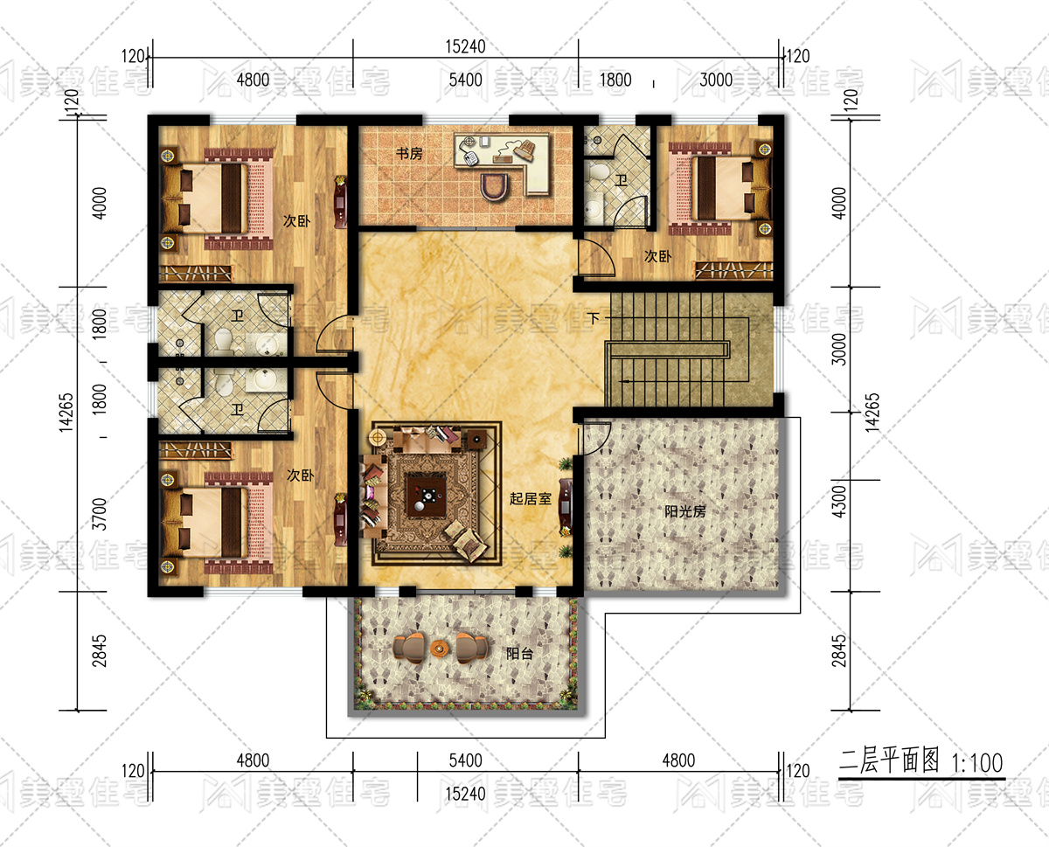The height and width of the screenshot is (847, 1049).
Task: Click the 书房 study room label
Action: pos(409,154)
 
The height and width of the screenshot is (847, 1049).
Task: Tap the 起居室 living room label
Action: pos(531,498)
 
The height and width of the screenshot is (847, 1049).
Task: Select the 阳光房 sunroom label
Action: pos(685,511)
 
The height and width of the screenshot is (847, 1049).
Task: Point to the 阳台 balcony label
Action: pos(519,654)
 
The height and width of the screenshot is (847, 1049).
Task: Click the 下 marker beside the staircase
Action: pos(594,318)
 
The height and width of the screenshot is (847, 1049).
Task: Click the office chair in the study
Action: pos(496,187)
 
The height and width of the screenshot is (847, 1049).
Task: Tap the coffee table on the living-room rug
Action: pos(427,494)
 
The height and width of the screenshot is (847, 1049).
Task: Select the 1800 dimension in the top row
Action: pos(615,80)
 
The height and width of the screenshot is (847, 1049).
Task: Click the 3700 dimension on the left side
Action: pos(100,514)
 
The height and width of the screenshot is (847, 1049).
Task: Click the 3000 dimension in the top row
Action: pos(716,80)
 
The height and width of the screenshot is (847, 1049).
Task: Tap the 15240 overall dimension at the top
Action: pos(465,47)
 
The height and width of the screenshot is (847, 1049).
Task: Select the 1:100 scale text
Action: pos(977,763)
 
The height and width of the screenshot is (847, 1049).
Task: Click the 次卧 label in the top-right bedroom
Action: pos(658,256)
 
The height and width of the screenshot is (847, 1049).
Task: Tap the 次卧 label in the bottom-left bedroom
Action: pos(301,476)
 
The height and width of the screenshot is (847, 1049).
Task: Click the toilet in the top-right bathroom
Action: pos(599,173)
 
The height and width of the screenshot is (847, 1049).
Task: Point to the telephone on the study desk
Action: pos(470,158)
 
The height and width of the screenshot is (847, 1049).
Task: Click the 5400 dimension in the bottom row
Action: pos(465,760)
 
